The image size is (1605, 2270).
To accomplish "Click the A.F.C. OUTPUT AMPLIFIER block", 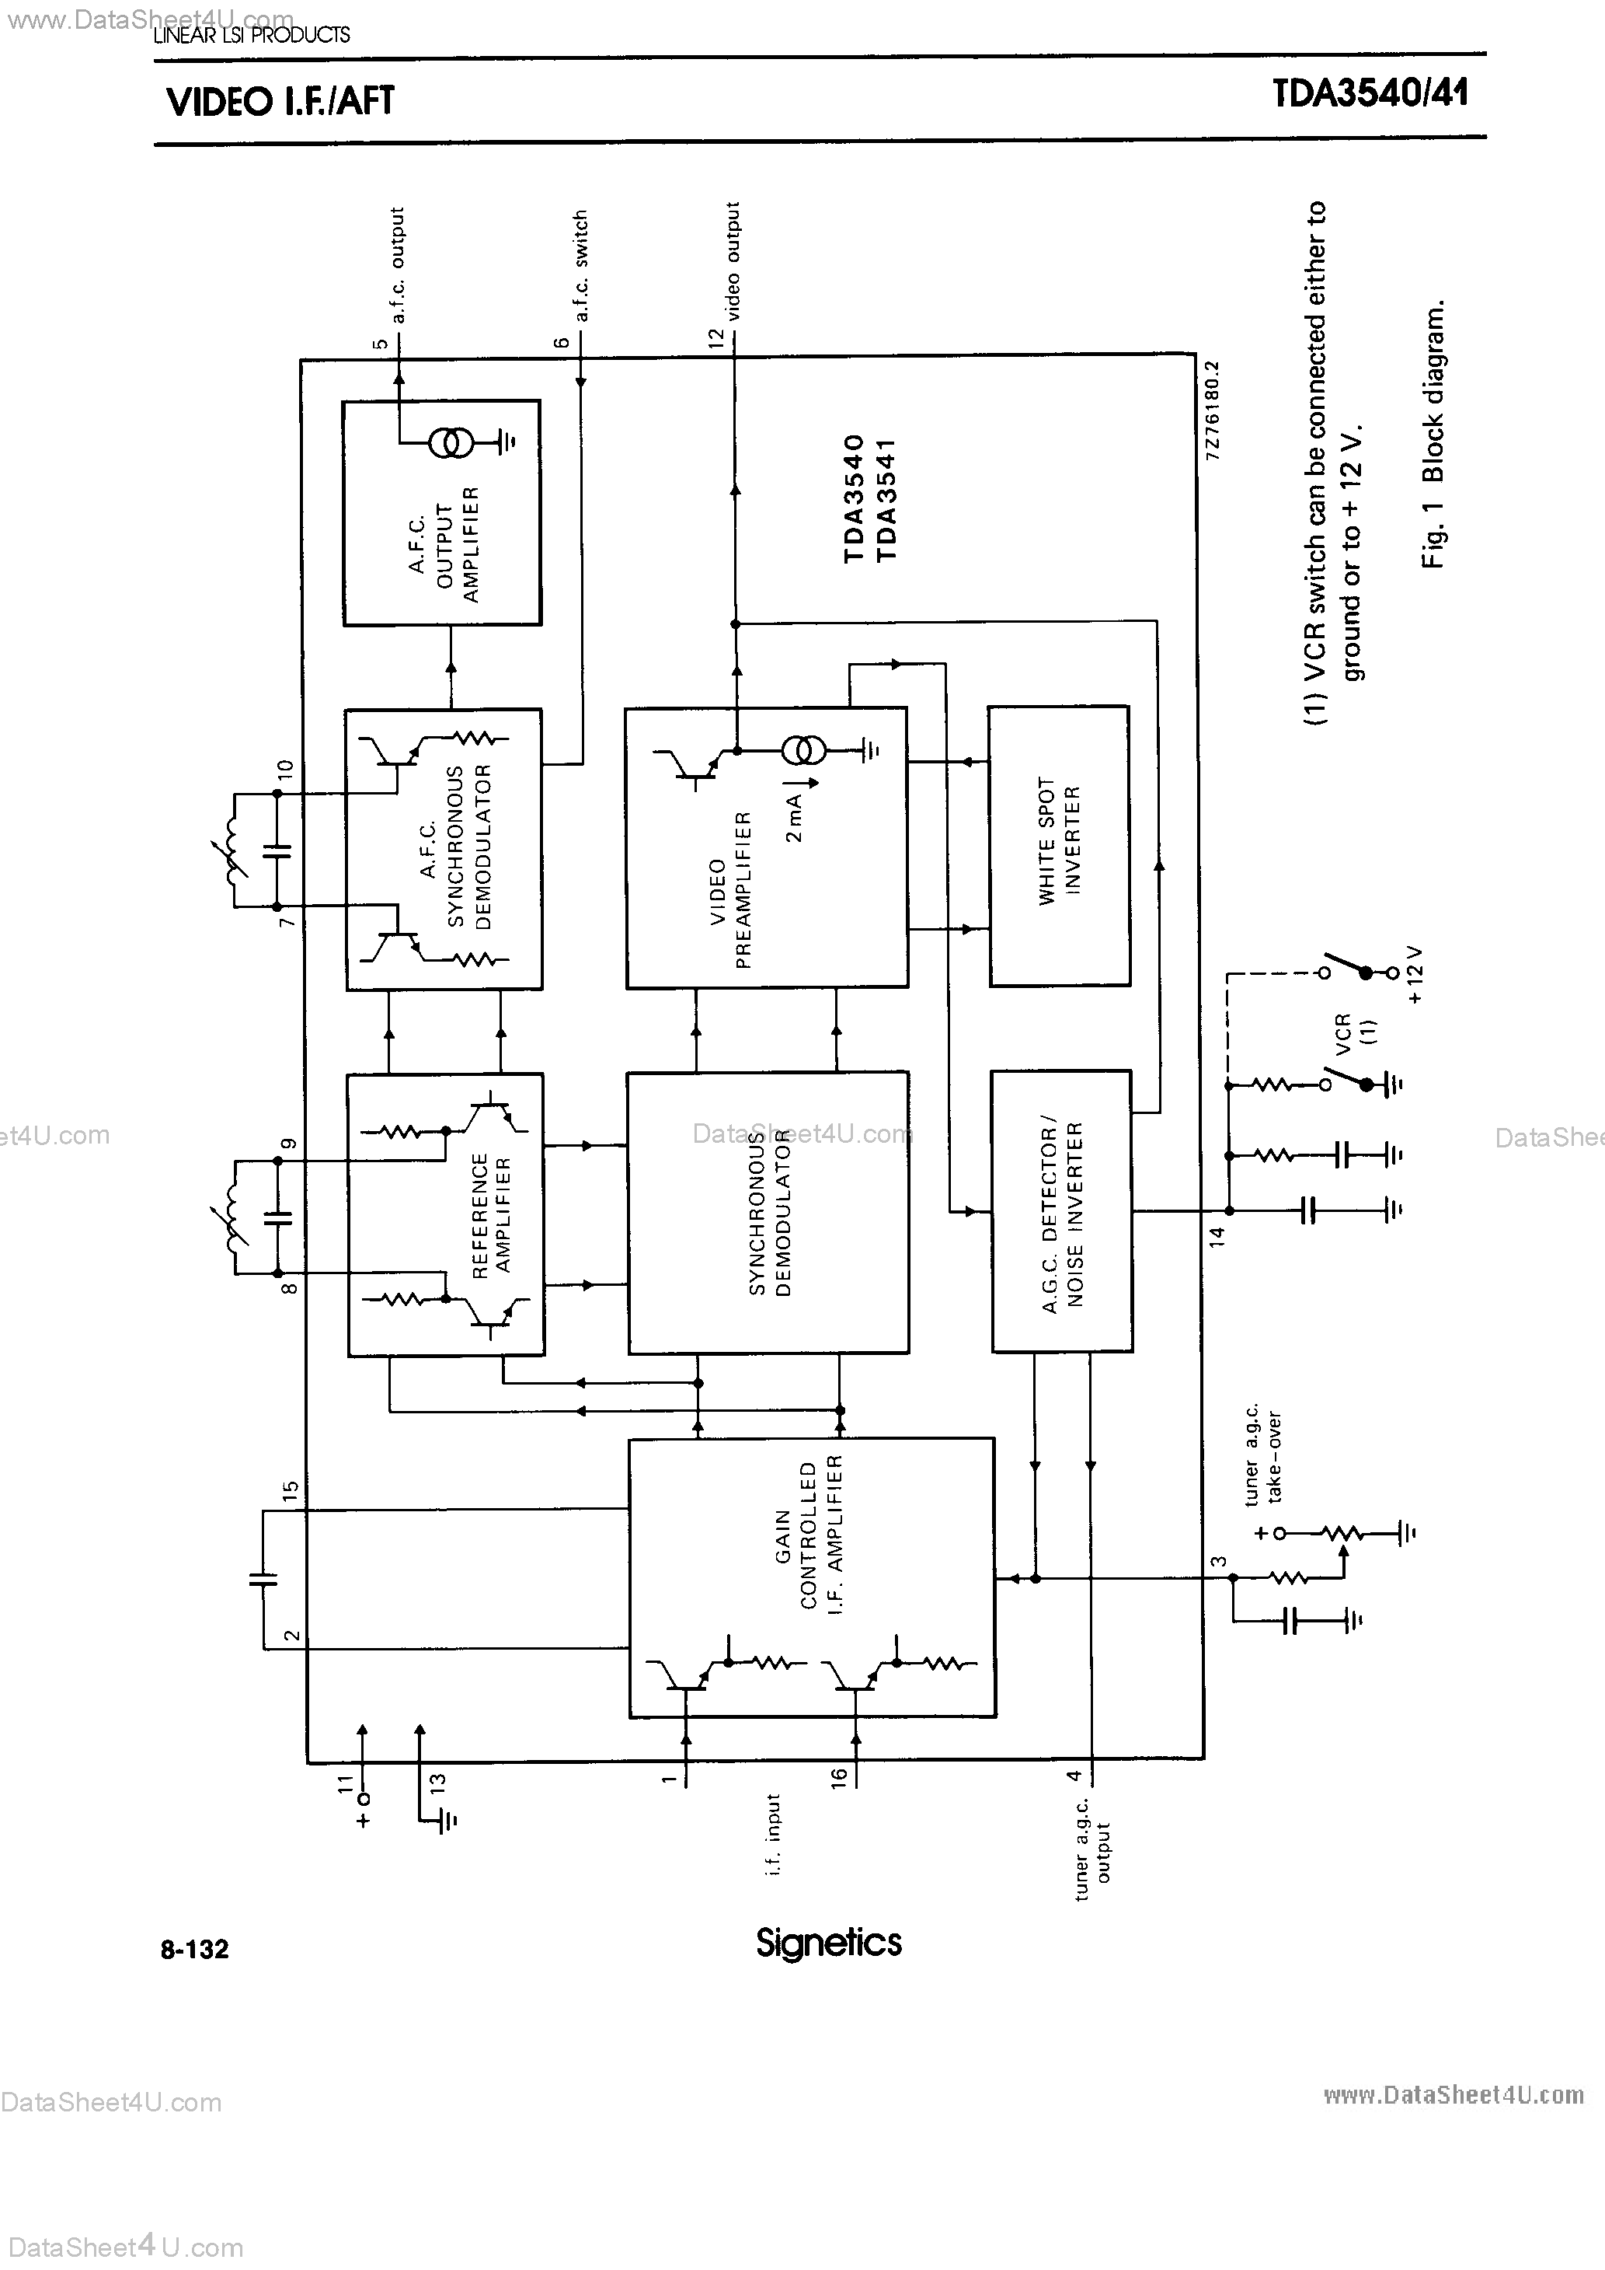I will pyautogui.click(x=442, y=512).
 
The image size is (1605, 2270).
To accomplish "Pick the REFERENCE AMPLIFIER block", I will pyautogui.click(x=446, y=1214).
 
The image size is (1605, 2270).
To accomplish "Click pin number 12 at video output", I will pyautogui.click(x=716, y=337).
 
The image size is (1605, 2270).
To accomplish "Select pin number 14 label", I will pyautogui.click(x=1217, y=1236).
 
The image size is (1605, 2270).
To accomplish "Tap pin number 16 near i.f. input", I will pyautogui.click(x=839, y=1776).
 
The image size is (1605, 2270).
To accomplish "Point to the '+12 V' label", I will pyautogui.click(x=1414, y=975).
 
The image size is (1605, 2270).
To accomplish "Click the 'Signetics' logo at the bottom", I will pyautogui.click(x=828, y=1943).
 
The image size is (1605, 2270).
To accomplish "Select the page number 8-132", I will pyautogui.click(x=195, y=1949).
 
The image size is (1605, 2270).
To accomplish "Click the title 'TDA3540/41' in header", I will pyautogui.click(x=1370, y=94).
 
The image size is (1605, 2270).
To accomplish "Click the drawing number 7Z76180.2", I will pyautogui.click(x=1213, y=410).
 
